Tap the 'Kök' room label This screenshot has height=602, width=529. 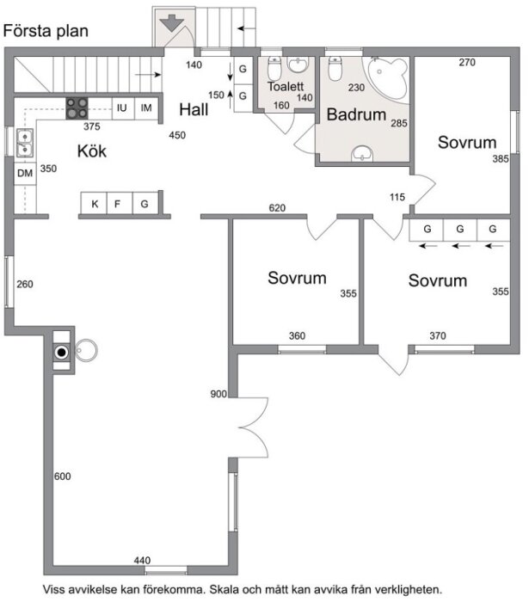(x=93, y=151)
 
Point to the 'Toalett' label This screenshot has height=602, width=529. (x=285, y=87)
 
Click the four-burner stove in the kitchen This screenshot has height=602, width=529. (x=77, y=107)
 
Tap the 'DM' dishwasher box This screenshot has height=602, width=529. (x=24, y=174)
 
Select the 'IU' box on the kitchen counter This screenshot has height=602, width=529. (x=122, y=107)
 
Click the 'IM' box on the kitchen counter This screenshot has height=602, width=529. (x=146, y=107)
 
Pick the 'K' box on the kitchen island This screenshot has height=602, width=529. (x=94, y=204)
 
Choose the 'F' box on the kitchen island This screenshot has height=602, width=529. (x=119, y=204)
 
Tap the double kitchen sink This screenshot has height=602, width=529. (x=24, y=143)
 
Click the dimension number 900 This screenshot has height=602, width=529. (x=218, y=394)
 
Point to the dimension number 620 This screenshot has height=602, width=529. (x=276, y=208)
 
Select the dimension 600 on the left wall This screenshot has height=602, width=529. (x=62, y=476)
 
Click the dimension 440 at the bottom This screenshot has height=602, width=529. (x=143, y=561)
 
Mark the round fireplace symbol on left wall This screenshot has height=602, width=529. (x=63, y=352)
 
